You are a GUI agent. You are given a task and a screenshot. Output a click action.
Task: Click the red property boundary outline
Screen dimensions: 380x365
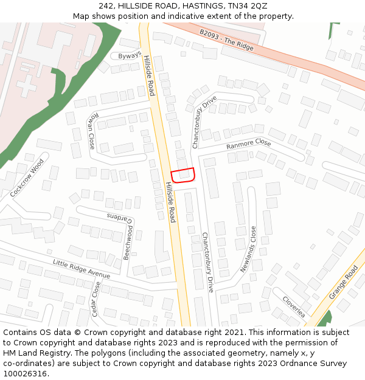[x=182, y=175]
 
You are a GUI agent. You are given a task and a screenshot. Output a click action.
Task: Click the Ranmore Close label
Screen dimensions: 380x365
[x=248, y=145]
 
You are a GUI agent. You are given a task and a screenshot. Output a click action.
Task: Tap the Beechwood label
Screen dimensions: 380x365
[x=128, y=243]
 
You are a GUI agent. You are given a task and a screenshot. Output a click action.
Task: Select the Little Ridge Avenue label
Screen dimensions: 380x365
[x=82, y=268]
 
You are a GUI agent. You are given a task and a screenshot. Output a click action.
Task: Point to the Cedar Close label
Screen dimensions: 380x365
[x=96, y=299]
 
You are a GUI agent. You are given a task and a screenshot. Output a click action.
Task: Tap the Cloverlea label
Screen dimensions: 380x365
[x=294, y=306]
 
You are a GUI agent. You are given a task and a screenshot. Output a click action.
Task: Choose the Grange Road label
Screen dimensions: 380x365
[x=344, y=282]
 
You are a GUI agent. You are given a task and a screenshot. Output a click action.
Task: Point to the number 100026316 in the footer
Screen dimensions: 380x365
[x=25, y=373]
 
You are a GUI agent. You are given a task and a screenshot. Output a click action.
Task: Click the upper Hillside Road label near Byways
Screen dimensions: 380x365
[x=150, y=76]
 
